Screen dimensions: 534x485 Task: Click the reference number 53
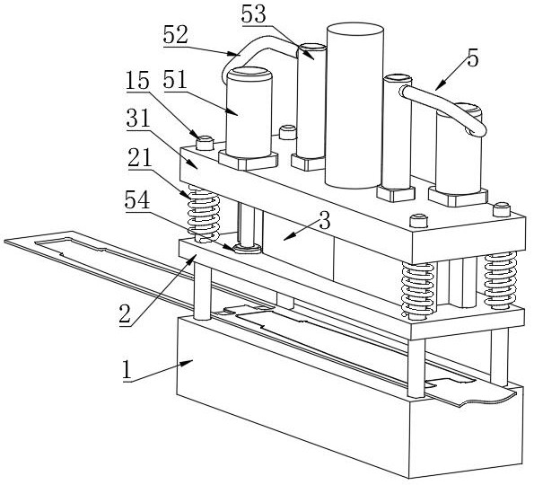tap(253, 14)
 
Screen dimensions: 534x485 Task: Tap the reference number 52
tap(175, 35)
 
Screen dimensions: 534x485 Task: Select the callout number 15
tap(138, 81)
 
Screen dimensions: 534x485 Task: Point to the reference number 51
tap(175, 81)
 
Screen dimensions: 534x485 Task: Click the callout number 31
tap(138, 119)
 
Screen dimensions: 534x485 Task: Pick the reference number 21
tap(140, 158)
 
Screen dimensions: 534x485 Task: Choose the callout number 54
tap(137, 200)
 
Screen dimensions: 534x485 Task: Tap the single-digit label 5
tap(473, 58)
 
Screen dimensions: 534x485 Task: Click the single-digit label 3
tap(325, 221)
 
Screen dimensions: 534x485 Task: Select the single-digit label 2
tap(125, 314)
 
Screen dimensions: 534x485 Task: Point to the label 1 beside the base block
tap(127, 370)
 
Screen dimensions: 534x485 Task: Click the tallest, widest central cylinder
tap(355, 106)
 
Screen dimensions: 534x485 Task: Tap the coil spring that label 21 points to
tap(204, 214)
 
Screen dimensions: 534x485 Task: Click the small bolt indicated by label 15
tap(205, 143)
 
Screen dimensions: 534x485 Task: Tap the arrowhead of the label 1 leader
tap(189, 362)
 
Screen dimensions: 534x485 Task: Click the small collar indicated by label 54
tap(247, 248)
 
